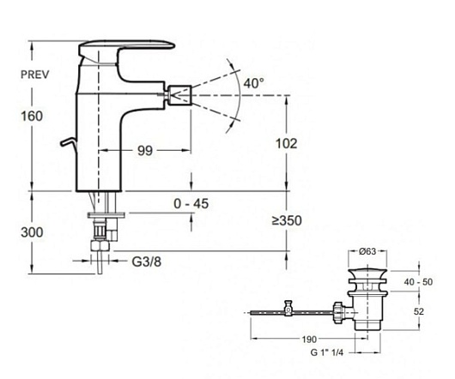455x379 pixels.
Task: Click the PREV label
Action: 35,75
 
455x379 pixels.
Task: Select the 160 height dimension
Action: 32,117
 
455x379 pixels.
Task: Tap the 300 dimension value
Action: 32,232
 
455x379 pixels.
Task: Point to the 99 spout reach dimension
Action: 145,151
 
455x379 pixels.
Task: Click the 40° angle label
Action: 254,83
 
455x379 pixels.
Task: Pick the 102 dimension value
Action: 286,144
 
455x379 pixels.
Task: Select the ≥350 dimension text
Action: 287,220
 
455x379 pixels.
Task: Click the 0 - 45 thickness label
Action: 191,204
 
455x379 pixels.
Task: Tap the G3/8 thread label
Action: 147,262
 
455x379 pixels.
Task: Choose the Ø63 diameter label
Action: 367,251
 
